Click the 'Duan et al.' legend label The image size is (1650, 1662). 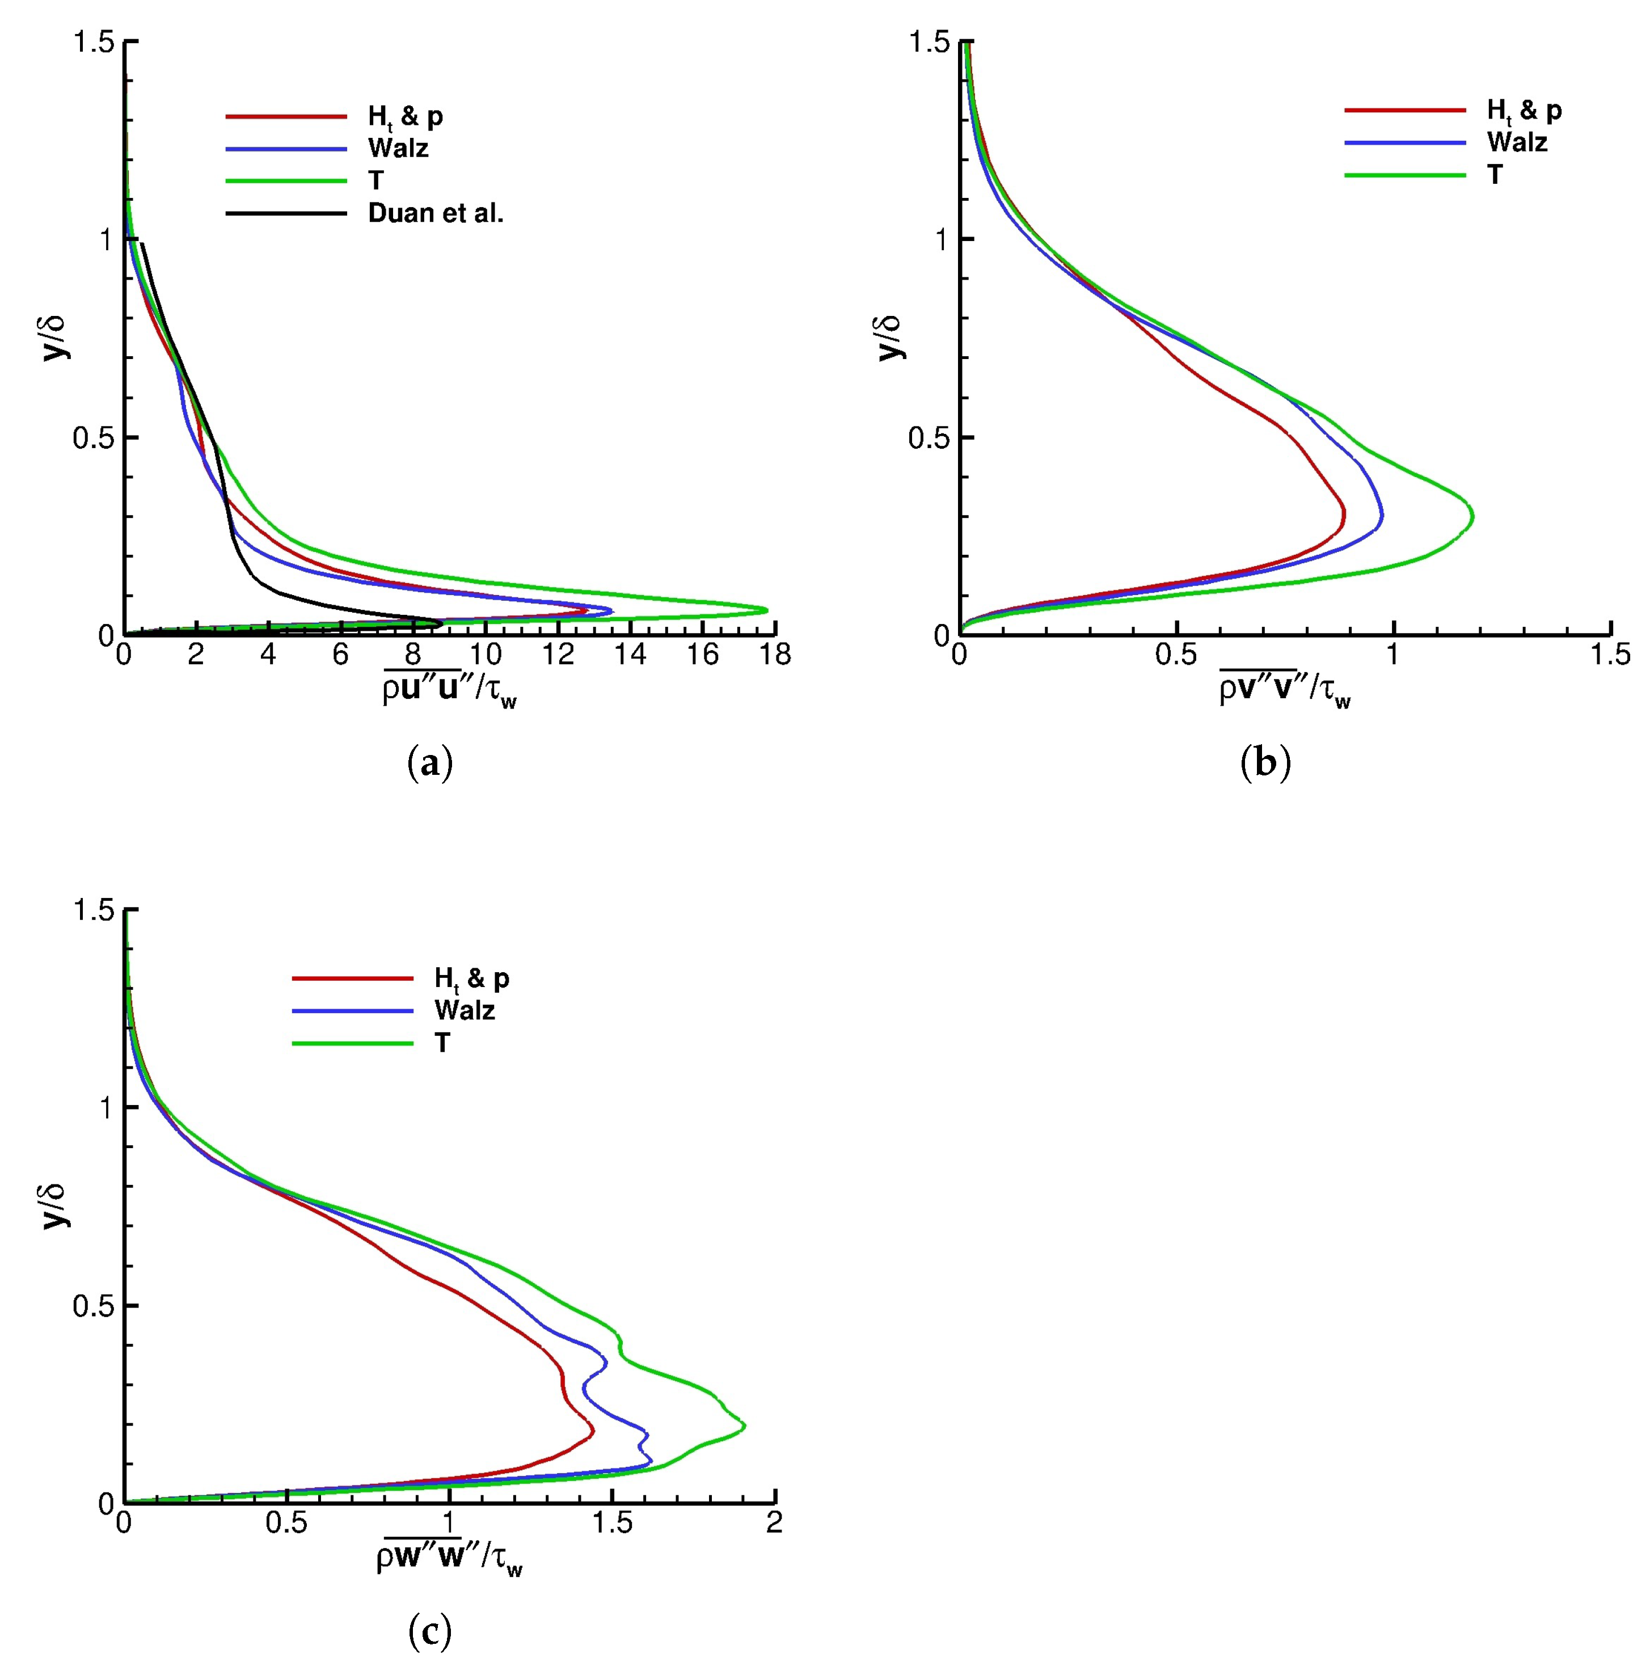(435, 213)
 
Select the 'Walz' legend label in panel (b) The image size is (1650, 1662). (1517, 142)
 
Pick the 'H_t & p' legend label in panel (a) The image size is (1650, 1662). (405, 117)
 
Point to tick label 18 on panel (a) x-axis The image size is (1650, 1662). (775, 656)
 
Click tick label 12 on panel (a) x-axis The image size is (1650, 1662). (558, 656)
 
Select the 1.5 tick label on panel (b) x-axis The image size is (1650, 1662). (1609, 656)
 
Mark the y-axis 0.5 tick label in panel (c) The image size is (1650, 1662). (93, 1306)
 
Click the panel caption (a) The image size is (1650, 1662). (429, 763)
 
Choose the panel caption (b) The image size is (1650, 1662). (1265, 763)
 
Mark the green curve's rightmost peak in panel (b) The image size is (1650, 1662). (1474, 517)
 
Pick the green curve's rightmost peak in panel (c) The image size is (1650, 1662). (745, 1426)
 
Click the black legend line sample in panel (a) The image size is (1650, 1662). (286, 213)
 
